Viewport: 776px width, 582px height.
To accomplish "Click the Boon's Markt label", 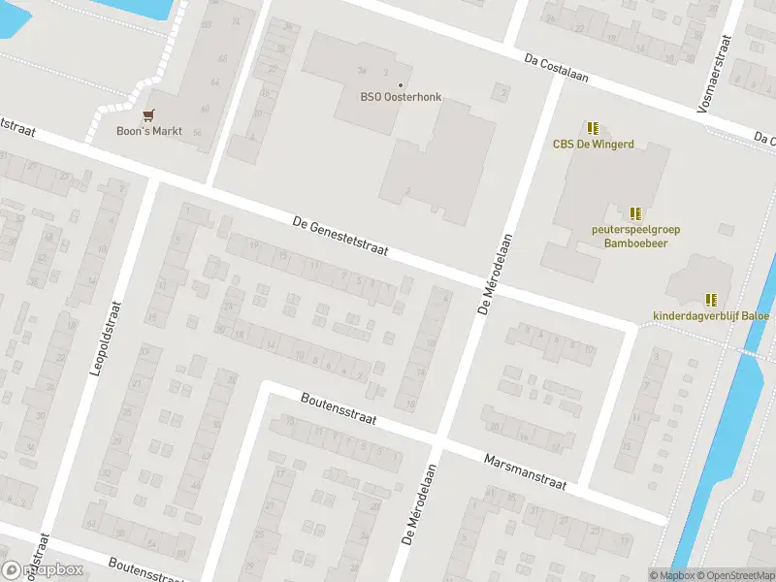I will (x=149, y=131).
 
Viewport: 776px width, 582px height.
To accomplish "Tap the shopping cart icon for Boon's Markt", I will (x=148, y=114).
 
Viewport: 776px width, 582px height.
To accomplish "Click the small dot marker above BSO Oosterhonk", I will (x=400, y=84).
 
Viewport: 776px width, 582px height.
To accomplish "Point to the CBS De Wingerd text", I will (x=593, y=145).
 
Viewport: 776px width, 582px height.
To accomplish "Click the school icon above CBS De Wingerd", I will (x=593, y=128).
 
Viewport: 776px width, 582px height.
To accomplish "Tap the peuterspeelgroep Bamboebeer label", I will (x=635, y=236).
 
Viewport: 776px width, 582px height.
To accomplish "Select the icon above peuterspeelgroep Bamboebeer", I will (x=635, y=213).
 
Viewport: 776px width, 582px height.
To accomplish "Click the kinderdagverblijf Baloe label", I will (x=711, y=315).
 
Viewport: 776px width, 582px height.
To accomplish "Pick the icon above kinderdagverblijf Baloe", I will (x=711, y=300).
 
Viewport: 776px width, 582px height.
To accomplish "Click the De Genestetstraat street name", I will (x=340, y=236).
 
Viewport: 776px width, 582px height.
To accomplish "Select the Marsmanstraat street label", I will (x=524, y=469).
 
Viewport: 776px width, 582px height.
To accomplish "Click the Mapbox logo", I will (x=43, y=569).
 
